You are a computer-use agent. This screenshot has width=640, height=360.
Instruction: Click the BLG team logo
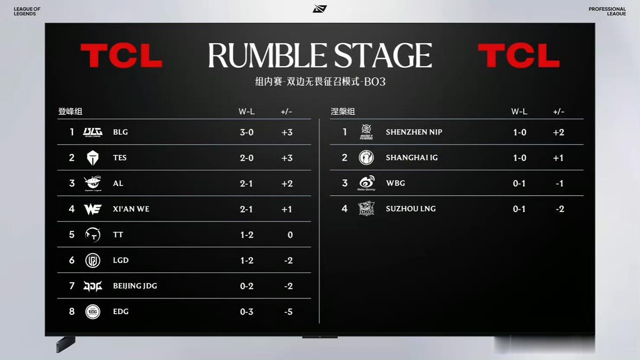coord(93,132)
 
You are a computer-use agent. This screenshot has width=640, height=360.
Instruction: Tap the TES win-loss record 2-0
coord(247,157)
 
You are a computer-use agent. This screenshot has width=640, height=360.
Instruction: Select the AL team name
coord(118,183)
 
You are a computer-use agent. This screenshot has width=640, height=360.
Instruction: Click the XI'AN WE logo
coord(93,209)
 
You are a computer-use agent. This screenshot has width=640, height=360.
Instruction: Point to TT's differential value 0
coord(290,235)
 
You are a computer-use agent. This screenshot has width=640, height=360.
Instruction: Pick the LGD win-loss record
coord(247,260)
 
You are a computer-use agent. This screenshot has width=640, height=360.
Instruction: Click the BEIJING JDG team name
coord(135,286)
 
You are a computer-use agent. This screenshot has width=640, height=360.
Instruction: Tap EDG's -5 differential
coord(288,312)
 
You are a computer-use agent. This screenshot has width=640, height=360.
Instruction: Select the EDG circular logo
coord(93,312)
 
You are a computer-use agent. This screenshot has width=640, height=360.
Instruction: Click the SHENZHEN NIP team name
coord(414,132)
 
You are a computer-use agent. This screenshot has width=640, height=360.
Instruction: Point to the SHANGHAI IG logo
coord(366,157)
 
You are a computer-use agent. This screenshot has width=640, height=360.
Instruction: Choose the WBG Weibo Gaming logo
coord(366,183)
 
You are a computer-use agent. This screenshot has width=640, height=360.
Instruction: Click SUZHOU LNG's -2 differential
coord(560,209)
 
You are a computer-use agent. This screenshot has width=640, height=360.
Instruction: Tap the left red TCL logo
coord(122,55)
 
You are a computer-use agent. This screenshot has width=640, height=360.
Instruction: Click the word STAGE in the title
coord(383,55)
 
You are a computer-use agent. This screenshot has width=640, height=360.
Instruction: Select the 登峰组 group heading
coord(70,111)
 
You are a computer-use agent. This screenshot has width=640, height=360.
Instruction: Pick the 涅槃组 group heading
coord(343,111)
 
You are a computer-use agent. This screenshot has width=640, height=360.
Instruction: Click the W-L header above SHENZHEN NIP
coord(519,112)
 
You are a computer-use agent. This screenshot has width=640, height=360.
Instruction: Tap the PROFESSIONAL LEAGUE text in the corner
coord(607,11)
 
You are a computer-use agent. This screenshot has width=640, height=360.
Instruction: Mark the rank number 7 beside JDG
coord(72,286)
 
